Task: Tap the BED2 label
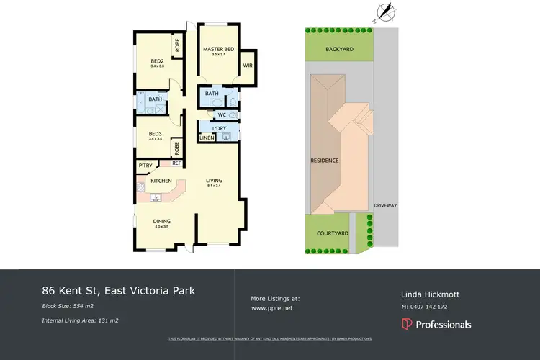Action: click(x=157, y=60)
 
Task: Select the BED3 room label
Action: click(x=155, y=133)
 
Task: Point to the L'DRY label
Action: click(x=220, y=128)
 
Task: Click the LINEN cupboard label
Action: click(x=207, y=137)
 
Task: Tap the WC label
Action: click(x=222, y=114)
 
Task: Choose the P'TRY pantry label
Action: click(x=145, y=166)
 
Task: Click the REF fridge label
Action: click(x=175, y=163)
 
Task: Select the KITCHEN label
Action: click(x=161, y=180)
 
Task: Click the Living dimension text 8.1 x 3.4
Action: click(x=212, y=186)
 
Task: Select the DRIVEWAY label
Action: click(x=385, y=205)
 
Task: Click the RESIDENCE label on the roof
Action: click(x=324, y=160)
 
